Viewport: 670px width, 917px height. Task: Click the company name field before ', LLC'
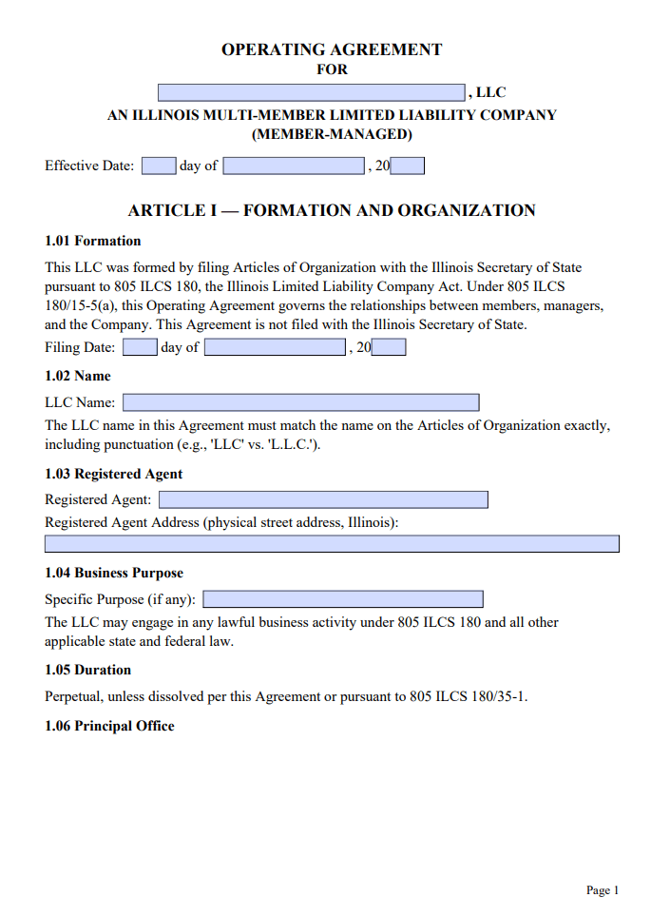(312, 92)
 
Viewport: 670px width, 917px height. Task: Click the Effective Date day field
(159, 166)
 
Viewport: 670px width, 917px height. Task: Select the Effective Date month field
(294, 166)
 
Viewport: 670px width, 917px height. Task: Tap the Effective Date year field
(408, 166)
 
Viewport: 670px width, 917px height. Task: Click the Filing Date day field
(140, 348)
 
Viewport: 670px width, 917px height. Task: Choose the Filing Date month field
(275, 348)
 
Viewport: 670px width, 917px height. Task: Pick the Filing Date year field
(389, 348)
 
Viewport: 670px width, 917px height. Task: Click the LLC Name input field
(300, 402)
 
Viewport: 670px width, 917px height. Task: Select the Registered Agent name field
(323, 500)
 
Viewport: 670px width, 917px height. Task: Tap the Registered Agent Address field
(332, 544)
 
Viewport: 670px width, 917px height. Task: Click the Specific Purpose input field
(343, 599)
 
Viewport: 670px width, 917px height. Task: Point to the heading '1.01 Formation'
(93, 241)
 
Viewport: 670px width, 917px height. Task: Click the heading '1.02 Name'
(78, 376)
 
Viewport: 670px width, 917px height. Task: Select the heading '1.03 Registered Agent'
(114, 474)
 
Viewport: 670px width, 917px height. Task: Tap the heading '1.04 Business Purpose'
(114, 573)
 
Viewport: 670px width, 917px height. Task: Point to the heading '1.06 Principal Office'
(110, 726)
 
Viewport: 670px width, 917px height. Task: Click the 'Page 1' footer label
(603, 890)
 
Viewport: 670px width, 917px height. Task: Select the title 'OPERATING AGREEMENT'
(332, 49)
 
